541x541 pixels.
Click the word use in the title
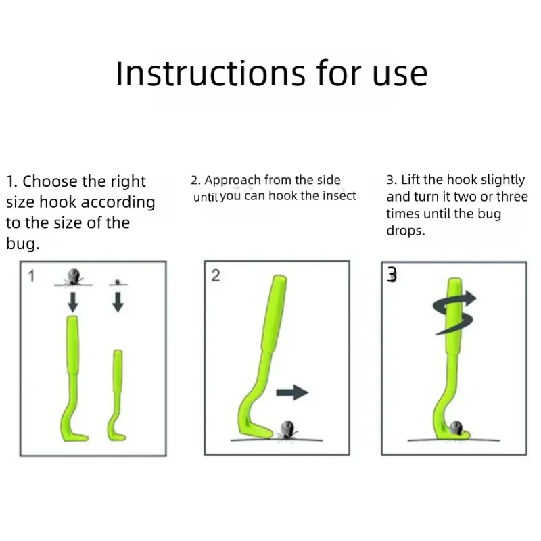pos(400,76)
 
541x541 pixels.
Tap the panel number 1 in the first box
pos(31,276)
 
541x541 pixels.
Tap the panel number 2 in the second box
pos(216,275)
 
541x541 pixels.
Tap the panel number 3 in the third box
pos(392,275)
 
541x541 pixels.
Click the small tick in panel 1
pos(118,282)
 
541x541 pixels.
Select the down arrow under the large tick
pos(73,302)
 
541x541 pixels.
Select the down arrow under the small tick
pos(118,302)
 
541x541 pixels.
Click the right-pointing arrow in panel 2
pos(292,392)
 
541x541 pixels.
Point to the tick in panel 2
pos(287,430)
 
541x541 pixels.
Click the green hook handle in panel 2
pos(275,313)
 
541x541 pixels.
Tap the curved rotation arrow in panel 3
pos(454,312)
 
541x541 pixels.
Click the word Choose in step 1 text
pos(50,181)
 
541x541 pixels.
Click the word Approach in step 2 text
pos(233,181)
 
